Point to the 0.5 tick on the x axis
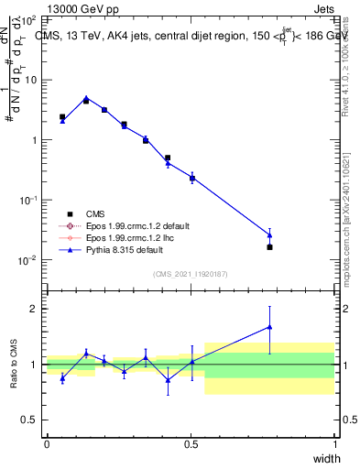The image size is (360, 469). coord(191,443)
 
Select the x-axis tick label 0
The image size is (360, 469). coord(47,443)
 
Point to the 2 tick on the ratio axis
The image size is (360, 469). coord(35,309)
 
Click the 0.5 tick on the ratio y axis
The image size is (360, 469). coord(29,420)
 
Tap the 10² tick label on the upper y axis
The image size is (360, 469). coord(31,19)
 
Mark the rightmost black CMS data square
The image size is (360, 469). coord(269,247)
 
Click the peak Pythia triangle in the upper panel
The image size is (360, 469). coord(86,98)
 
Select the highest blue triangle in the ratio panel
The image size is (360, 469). coord(269,327)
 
